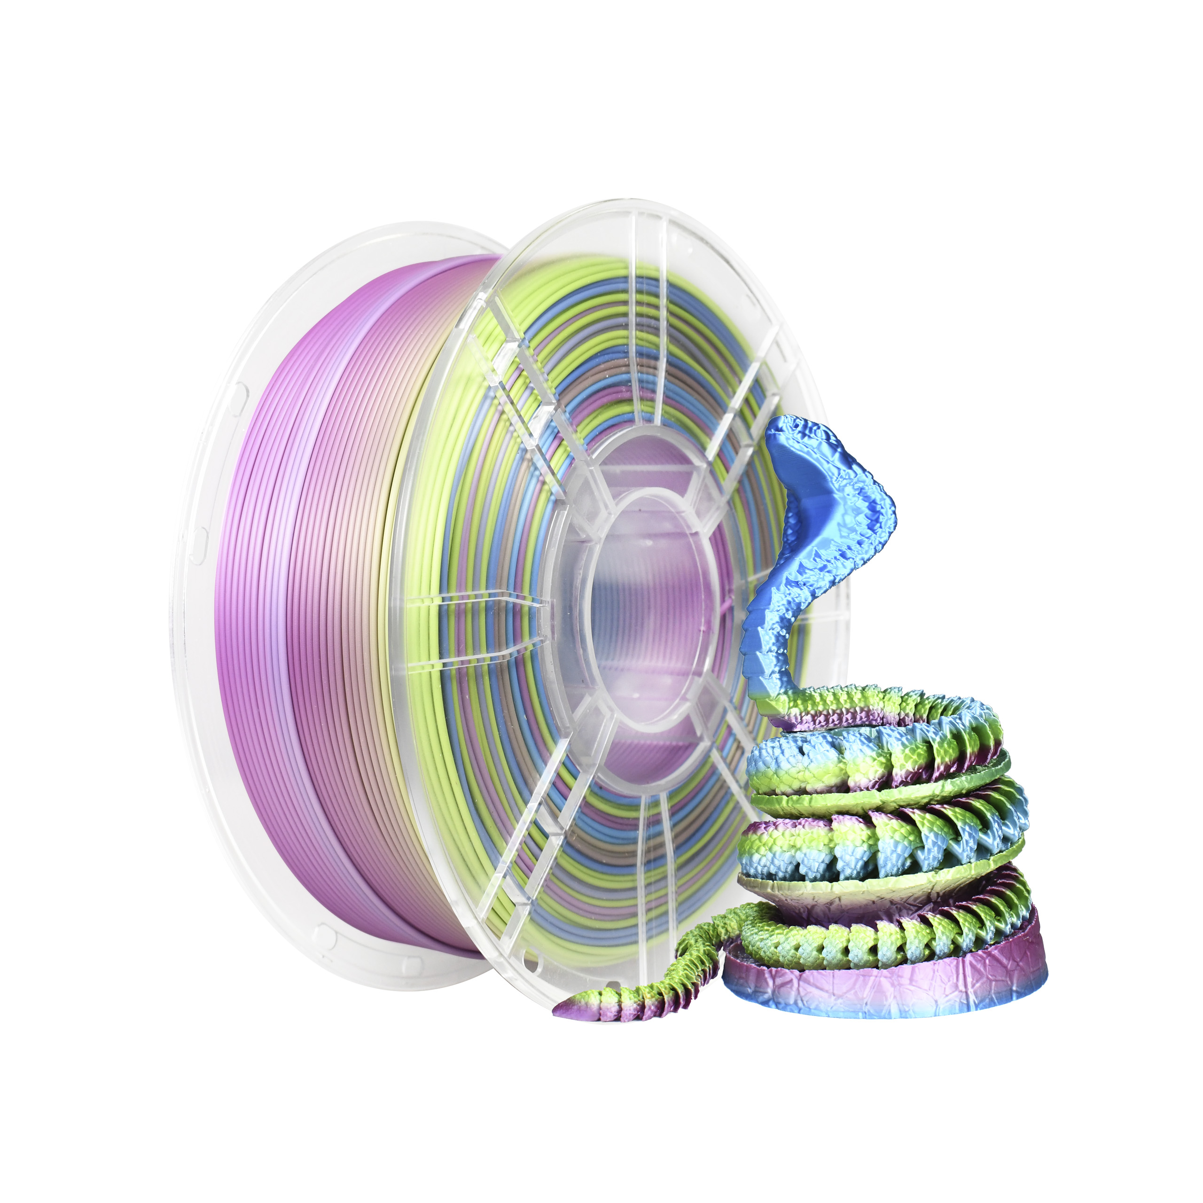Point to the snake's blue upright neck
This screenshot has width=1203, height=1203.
coord(772,623)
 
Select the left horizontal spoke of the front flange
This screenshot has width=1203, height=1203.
coord(473,632)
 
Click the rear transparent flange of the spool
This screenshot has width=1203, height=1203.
coord(205,561)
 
